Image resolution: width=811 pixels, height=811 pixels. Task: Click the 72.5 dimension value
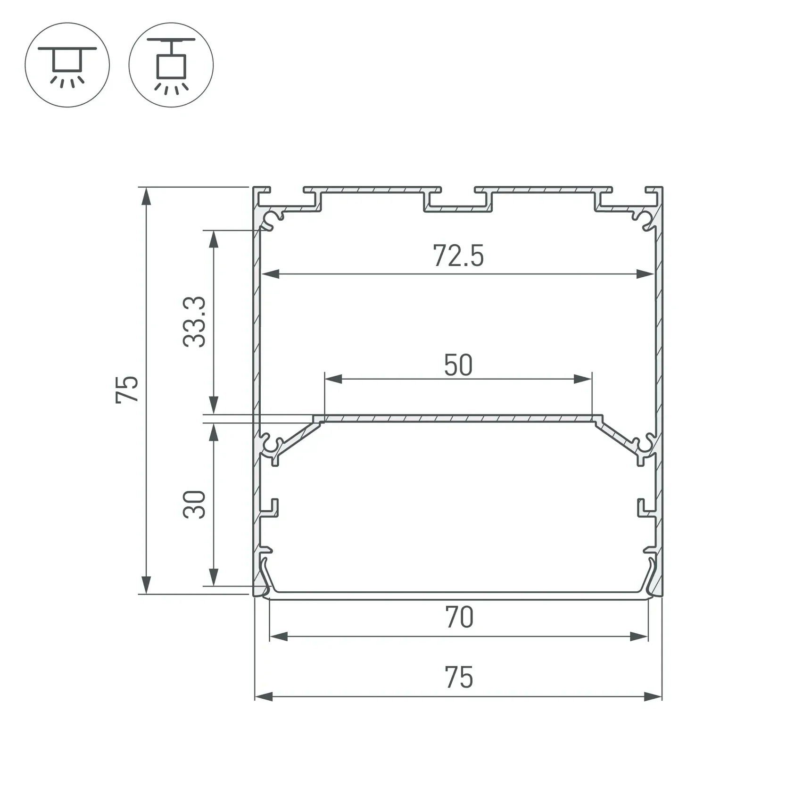(458, 256)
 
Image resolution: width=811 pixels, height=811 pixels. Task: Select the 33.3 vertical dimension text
(194, 322)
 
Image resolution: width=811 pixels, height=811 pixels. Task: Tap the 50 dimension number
(458, 365)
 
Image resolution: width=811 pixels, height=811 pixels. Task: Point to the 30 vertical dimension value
(194, 505)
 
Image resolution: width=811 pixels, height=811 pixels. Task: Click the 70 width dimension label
(459, 618)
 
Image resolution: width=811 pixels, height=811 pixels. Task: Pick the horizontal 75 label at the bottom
(459, 678)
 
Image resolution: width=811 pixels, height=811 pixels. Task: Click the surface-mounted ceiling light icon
(67, 65)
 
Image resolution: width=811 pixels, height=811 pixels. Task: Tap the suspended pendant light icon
(171, 65)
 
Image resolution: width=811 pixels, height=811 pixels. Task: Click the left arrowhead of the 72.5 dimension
(271, 274)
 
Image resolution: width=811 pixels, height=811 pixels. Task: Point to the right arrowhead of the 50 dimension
(583, 379)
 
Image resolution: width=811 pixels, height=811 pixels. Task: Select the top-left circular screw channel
(272, 220)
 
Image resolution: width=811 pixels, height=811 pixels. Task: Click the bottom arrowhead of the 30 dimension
(214, 577)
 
